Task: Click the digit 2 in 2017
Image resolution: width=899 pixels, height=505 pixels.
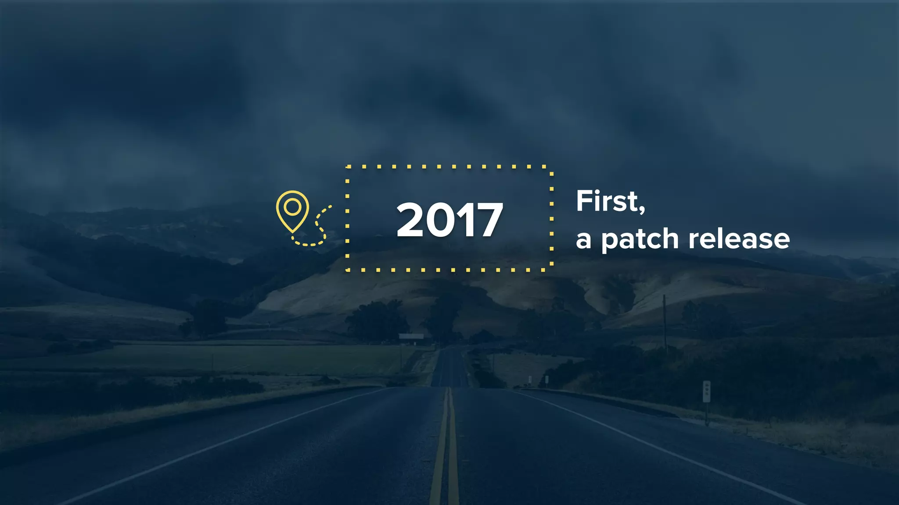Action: (410, 220)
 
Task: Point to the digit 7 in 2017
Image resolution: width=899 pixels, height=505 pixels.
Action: (488, 220)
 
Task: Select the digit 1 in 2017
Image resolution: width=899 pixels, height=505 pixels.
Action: (464, 220)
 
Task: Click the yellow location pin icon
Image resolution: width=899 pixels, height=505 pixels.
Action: (292, 210)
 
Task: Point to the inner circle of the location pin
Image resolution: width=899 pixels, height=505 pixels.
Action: (292, 206)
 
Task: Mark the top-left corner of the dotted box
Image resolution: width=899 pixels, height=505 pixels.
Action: (347, 167)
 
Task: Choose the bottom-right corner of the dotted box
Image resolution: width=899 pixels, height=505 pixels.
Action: (551, 270)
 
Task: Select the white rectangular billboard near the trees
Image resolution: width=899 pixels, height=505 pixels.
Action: (411, 336)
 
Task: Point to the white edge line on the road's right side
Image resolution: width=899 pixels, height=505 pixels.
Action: (658, 447)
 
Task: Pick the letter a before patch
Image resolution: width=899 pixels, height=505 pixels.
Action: (583, 240)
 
